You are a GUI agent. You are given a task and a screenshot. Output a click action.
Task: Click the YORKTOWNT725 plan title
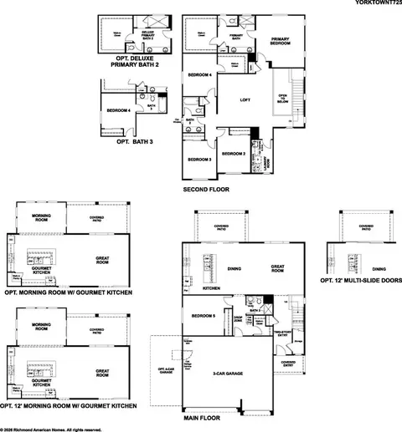tap(374, 5)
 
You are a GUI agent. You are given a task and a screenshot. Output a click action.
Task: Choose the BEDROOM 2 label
tap(233, 154)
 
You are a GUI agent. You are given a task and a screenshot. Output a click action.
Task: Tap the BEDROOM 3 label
tap(199, 159)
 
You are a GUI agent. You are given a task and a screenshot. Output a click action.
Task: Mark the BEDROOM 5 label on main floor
tap(203, 316)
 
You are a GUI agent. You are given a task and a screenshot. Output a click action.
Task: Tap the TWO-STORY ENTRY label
tap(282, 333)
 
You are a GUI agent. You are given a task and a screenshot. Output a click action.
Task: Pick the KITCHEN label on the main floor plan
tap(211, 287)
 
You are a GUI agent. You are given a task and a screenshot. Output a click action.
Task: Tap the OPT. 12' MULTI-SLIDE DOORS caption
tap(362, 282)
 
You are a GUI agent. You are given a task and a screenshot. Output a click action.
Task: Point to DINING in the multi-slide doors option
tap(379, 269)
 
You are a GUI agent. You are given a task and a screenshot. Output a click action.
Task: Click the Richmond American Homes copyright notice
tap(52, 429)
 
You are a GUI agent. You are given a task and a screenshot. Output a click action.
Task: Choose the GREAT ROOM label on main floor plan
tap(276, 268)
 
